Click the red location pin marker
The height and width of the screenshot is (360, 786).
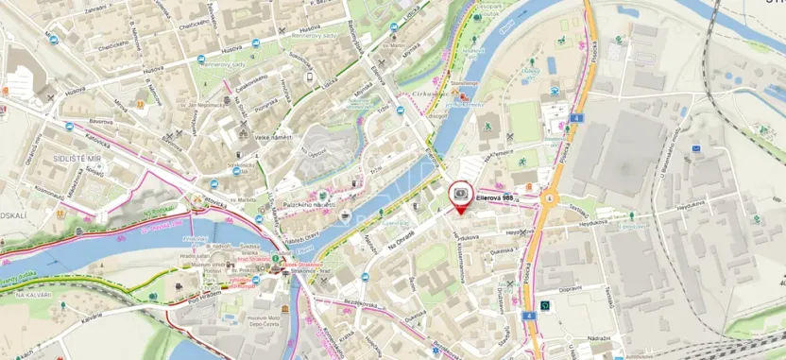460,195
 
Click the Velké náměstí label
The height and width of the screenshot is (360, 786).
272,137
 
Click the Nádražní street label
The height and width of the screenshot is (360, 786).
599,337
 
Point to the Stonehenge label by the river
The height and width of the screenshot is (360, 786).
465,83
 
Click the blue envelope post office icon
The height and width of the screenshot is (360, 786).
696,148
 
